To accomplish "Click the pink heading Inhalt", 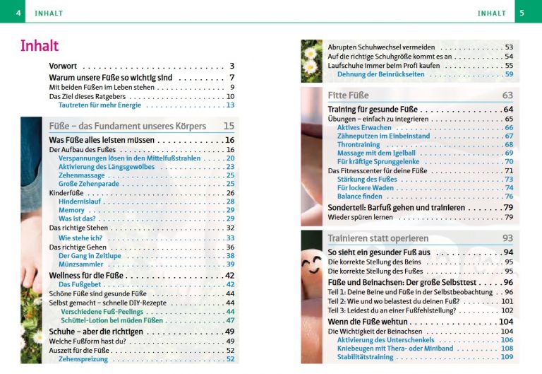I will click(x=40, y=46).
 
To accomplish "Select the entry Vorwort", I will click(x=63, y=66).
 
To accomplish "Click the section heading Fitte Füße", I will click(x=349, y=95).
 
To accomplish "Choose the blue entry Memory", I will click(x=71, y=210).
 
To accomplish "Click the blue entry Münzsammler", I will click(x=80, y=264).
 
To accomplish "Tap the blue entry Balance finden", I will click(x=361, y=197).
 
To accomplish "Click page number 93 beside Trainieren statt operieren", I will click(x=507, y=238).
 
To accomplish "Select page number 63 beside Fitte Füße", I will click(x=507, y=95).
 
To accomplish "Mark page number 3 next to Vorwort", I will click(x=231, y=66).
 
